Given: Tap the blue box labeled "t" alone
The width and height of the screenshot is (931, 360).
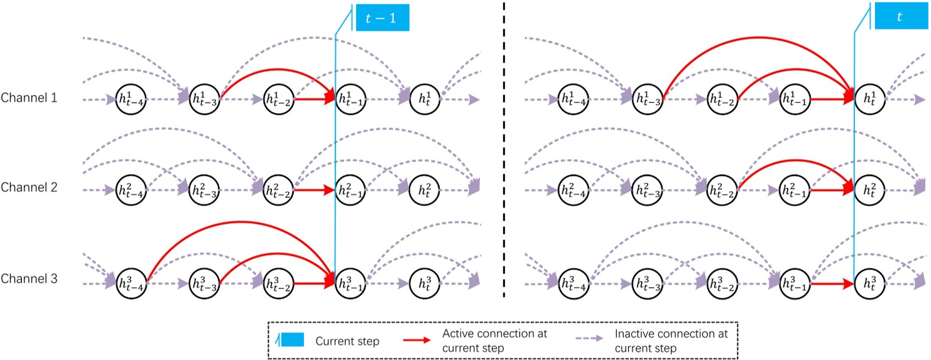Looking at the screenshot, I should (899, 17).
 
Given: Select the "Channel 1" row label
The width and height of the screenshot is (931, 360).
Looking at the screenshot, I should (30, 98).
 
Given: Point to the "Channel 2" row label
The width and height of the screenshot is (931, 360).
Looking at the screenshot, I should (30, 187).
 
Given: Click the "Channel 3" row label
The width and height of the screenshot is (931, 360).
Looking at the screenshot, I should (30, 278).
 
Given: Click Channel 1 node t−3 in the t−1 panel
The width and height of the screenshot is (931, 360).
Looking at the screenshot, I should (205, 99).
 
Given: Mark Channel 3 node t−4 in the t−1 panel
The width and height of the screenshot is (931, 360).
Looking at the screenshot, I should (131, 284).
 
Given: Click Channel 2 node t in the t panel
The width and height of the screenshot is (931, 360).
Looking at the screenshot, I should (869, 190).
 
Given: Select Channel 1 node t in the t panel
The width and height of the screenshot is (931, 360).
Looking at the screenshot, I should (869, 99).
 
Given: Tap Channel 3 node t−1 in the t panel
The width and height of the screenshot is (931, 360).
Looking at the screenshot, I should (795, 284).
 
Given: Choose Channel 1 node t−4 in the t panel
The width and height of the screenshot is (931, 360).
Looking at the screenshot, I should (573, 99).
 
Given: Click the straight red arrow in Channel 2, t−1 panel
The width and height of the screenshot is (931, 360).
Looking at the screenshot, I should (312, 189).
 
